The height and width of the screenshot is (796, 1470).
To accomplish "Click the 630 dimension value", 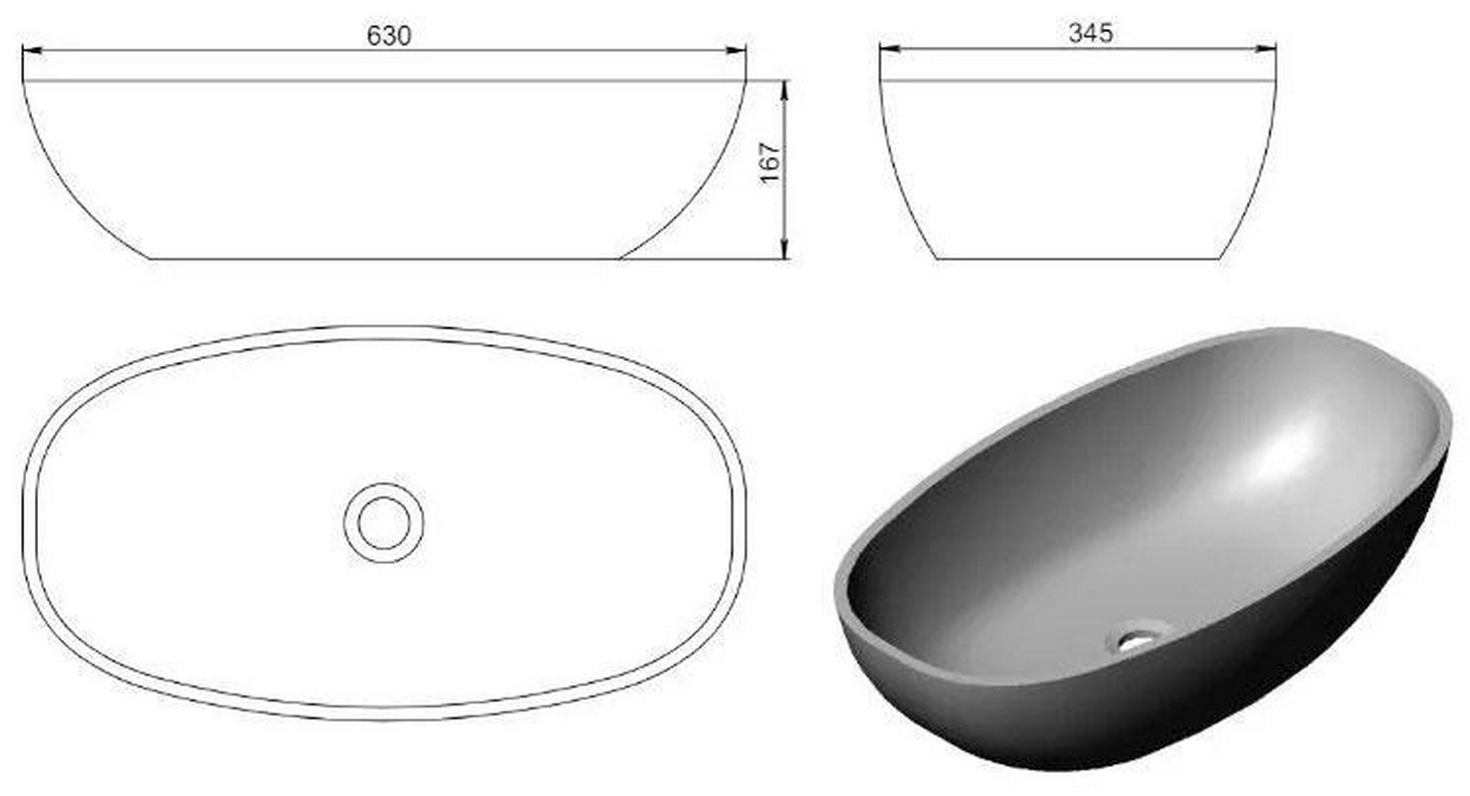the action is [388, 36].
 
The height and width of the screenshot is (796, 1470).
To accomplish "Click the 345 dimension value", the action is [1091, 33].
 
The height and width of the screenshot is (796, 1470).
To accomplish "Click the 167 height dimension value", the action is [769, 163].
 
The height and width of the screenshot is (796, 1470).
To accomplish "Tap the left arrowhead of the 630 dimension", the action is [32, 50].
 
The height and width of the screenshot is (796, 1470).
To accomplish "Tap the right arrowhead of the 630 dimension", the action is [735, 50].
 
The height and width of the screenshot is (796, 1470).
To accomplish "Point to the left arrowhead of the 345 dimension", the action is [890, 49].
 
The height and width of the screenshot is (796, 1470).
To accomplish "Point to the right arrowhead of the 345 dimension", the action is [1266, 49].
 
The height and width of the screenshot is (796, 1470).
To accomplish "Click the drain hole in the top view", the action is [384, 523].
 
